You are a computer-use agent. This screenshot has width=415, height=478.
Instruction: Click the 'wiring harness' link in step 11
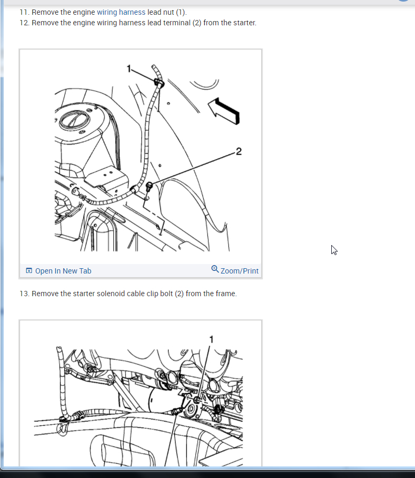click(121, 12)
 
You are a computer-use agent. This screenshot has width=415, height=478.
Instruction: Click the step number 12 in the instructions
click(24, 23)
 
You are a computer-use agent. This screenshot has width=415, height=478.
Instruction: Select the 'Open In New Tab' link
click(63, 271)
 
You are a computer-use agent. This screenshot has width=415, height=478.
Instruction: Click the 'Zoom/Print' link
click(240, 271)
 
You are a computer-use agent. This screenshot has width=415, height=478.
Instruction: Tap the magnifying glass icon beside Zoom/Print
click(215, 269)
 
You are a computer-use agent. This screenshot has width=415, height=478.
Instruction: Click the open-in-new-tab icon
click(29, 270)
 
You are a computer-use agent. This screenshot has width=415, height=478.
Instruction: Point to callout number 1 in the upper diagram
click(129, 69)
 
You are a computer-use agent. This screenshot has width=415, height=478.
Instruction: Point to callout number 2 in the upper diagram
click(239, 151)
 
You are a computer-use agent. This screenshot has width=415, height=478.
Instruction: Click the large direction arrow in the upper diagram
click(224, 111)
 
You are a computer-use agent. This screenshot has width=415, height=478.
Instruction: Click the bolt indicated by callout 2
click(149, 186)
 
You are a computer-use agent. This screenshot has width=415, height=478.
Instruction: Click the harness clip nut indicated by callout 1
click(159, 82)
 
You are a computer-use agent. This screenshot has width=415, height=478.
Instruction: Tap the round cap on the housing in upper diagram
click(75, 119)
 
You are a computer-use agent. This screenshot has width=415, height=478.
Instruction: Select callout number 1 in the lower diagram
click(211, 339)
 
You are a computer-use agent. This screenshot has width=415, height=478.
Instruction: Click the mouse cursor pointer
click(334, 250)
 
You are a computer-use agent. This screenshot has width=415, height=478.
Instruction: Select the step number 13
click(24, 294)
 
